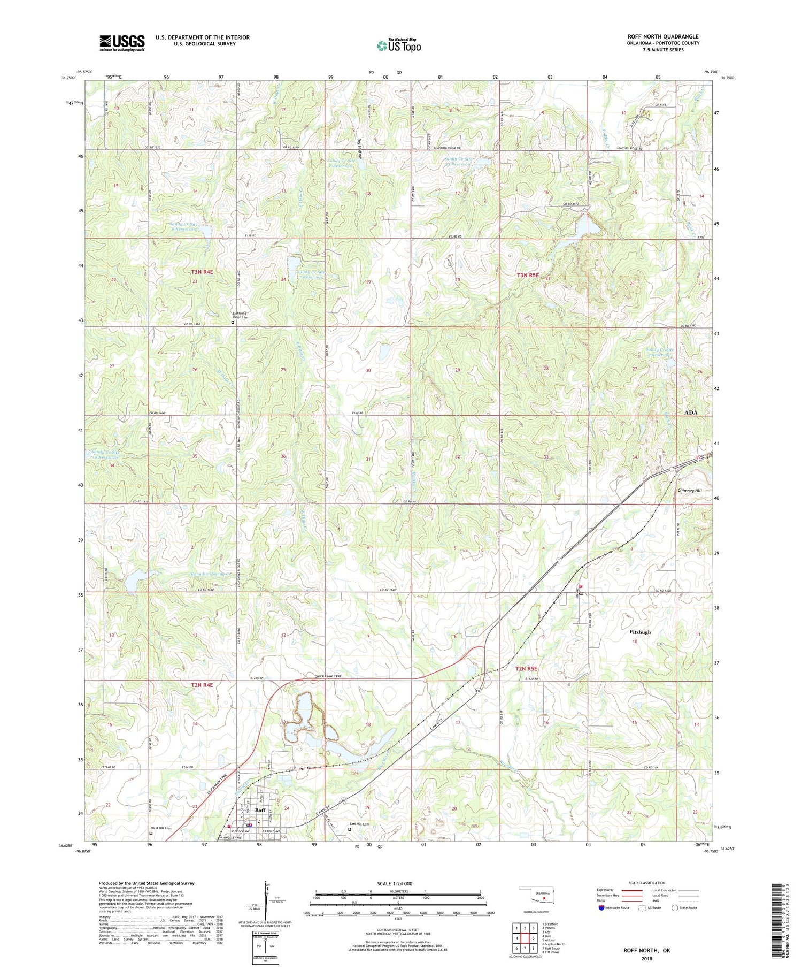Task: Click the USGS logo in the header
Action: pyautogui.click(x=122, y=43)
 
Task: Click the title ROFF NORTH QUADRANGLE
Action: pyautogui.click(x=663, y=36)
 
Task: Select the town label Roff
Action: pyautogui.click(x=260, y=810)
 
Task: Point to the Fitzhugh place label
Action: pyautogui.click(x=640, y=632)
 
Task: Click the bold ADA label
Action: pyautogui.click(x=691, y=413)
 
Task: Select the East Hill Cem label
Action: pyautogui.click(x=359, y=824)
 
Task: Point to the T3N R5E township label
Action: pyautogui.click(x=529, y=275)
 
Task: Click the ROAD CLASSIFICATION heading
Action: pyautogui.click(x=646, y=883)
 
